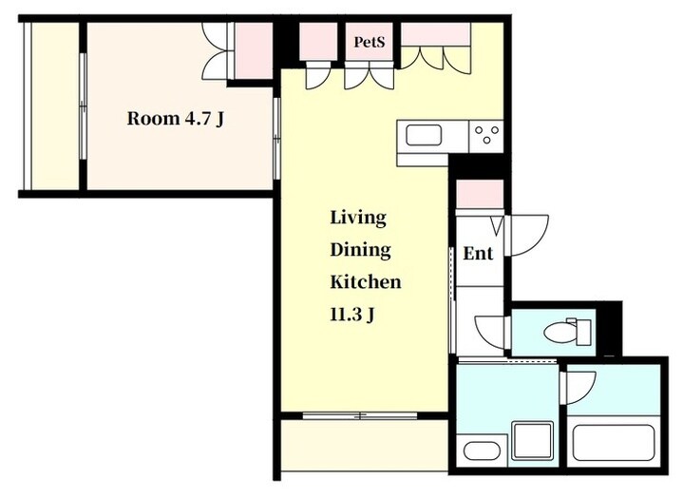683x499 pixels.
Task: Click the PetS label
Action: tap(370, 42)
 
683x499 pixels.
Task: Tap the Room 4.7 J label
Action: tap(176, 119)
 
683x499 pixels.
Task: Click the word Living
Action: tap(358, 218)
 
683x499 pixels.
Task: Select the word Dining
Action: tap(360, 250)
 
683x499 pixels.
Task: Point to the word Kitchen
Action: tap(366, 281)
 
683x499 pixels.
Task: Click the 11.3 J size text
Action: tap(352, 315)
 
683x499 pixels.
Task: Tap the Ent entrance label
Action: tap(478, 253)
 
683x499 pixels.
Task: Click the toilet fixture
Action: tap(567, 332)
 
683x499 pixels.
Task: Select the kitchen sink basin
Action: tap(424, 135)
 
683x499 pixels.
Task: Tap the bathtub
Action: tap(614, 442)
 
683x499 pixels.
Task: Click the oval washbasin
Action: tap(482, 451)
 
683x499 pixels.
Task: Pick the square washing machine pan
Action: tap(533, 440)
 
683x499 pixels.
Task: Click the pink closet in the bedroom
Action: tap(254, 50)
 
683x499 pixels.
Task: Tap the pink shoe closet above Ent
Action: tap(480, 194)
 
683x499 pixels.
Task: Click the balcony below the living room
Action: tap(364, 446)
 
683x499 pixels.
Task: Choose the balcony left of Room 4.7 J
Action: tap(55, 106)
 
